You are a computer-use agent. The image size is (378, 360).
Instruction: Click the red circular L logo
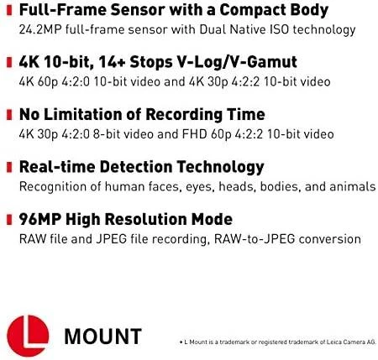coord(28,336)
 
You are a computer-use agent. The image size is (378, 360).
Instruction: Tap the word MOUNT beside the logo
coord(102,337)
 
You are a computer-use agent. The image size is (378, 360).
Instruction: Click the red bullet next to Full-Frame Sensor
coord(9,10)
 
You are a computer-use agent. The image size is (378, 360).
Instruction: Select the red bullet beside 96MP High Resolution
coord(9,219)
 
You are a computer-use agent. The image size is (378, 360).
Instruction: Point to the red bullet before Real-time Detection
coord(9,167)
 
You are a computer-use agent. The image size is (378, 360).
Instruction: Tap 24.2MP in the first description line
coord(40,29)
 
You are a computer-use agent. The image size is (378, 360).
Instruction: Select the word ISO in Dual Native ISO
coord(280,29)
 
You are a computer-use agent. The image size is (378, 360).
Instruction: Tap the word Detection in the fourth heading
coord(135,167)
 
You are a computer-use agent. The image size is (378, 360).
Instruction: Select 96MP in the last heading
coord(39,219)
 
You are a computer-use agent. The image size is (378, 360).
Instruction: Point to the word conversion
coord(330,239)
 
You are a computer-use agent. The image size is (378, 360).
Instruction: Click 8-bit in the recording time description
coord(107,134)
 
